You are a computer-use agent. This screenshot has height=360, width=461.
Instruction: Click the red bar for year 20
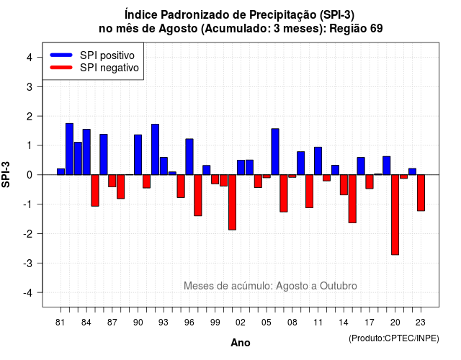(395, 215)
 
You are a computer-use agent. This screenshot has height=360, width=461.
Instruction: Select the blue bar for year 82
(69, 149)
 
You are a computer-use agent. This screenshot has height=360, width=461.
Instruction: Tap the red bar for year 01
(232, 202)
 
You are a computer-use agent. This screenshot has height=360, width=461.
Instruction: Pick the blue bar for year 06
(275, 152)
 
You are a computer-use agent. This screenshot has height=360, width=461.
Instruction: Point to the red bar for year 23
(421, 193)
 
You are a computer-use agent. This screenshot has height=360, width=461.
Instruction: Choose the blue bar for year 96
(189, 157)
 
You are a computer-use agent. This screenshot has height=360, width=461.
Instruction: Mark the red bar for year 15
(352, 199)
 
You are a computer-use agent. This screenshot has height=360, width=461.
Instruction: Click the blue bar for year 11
(318, 161)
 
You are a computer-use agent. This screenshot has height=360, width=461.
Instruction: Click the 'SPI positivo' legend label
(107, 55)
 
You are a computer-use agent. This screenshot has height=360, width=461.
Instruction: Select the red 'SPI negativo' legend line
(61, 68)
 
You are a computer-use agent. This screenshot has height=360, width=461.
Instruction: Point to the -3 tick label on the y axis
(28, 264)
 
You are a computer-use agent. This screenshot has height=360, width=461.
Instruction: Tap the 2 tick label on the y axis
(30, 117)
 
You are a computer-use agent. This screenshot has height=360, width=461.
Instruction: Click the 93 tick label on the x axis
(164, 323)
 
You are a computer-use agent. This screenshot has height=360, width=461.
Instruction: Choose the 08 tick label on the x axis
(292, 323)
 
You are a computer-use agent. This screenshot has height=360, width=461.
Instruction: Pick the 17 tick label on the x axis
(370, 323)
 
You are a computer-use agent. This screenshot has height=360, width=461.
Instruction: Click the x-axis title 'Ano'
(241, 343)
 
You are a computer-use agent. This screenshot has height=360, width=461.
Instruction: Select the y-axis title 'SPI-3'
(6, 174)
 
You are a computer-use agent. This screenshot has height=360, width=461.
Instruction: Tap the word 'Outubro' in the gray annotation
(339, 286)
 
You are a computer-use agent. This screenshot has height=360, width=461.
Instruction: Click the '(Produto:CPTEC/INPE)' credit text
(394, 338)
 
